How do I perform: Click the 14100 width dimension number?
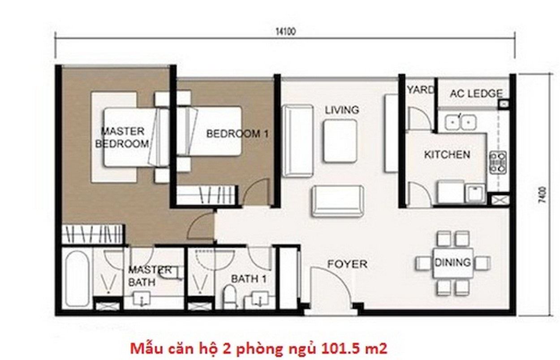point(285,32)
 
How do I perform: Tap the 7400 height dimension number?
point(543,195)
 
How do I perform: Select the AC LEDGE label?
point(476,94)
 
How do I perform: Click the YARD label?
point(421,90)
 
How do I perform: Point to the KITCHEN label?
point(447,154)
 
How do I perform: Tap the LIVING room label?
point(342,110)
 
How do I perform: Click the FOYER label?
point(347,264)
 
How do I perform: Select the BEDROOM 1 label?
point(237,134)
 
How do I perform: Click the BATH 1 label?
point(249,279)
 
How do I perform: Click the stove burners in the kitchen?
point(498,163)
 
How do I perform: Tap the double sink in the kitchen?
point(460,122)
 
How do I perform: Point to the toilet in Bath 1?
point(229,296)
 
